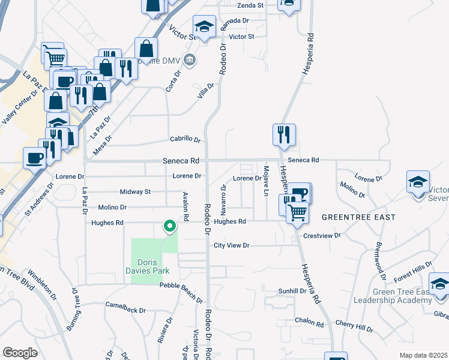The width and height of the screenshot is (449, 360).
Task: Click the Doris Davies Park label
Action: coord(155,266)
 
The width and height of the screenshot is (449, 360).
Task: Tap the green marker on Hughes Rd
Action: coord(170,226)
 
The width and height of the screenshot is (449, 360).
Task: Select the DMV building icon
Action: coord(190,59)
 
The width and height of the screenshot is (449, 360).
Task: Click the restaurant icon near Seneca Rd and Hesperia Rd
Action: coord(283,134)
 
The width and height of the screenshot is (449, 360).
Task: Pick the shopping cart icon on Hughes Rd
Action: coord(297,212)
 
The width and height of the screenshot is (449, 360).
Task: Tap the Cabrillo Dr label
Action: coord(185,139)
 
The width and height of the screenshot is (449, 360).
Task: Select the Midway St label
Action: coord(136,191)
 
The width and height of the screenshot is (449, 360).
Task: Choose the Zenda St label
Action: coord(251,5)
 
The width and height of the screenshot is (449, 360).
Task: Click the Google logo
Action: coord(20,353)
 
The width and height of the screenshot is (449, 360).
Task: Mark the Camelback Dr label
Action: coord(125,310)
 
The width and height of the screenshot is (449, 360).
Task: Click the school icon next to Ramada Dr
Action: coord(204,26)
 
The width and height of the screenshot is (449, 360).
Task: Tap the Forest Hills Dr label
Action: coord(414,272)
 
